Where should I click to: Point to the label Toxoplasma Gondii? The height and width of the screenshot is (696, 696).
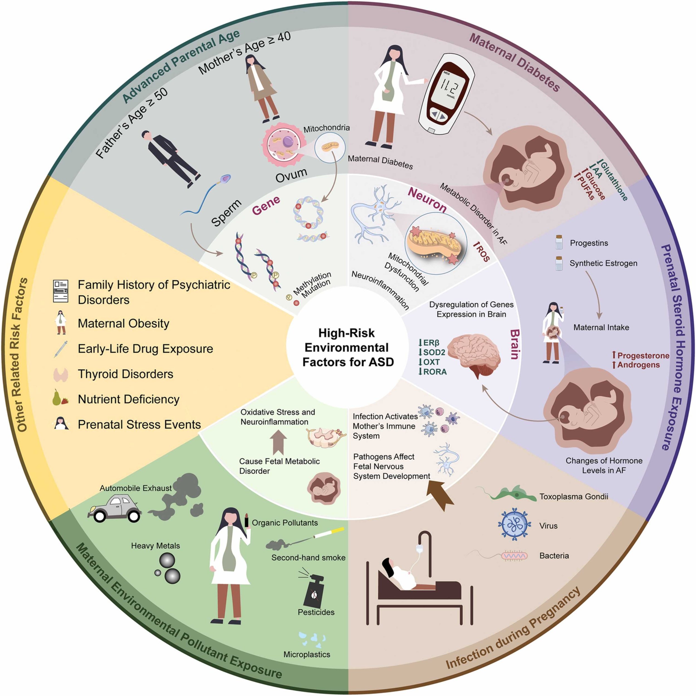click(x=574, y=497)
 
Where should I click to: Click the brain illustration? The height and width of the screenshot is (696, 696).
click(x=476, y=354)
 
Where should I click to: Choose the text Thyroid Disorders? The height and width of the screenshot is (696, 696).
click(x=125, y=374)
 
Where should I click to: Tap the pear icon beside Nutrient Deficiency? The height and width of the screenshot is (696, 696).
click(x=57, y=398)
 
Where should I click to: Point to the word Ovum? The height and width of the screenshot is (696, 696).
click(x=291, y=175)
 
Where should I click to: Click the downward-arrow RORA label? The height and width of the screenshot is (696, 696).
click(x=432, y=371)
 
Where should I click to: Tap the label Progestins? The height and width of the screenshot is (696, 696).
click(x=589, y=243)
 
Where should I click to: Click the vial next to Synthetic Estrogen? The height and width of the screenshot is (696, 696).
click(x=559, y=263)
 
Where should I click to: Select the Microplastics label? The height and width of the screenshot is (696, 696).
click(x=307, y=654)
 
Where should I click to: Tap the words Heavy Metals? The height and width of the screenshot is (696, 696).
click(x=155, y=546)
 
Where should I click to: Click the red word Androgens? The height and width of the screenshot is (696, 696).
click(x=638, y=365)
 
